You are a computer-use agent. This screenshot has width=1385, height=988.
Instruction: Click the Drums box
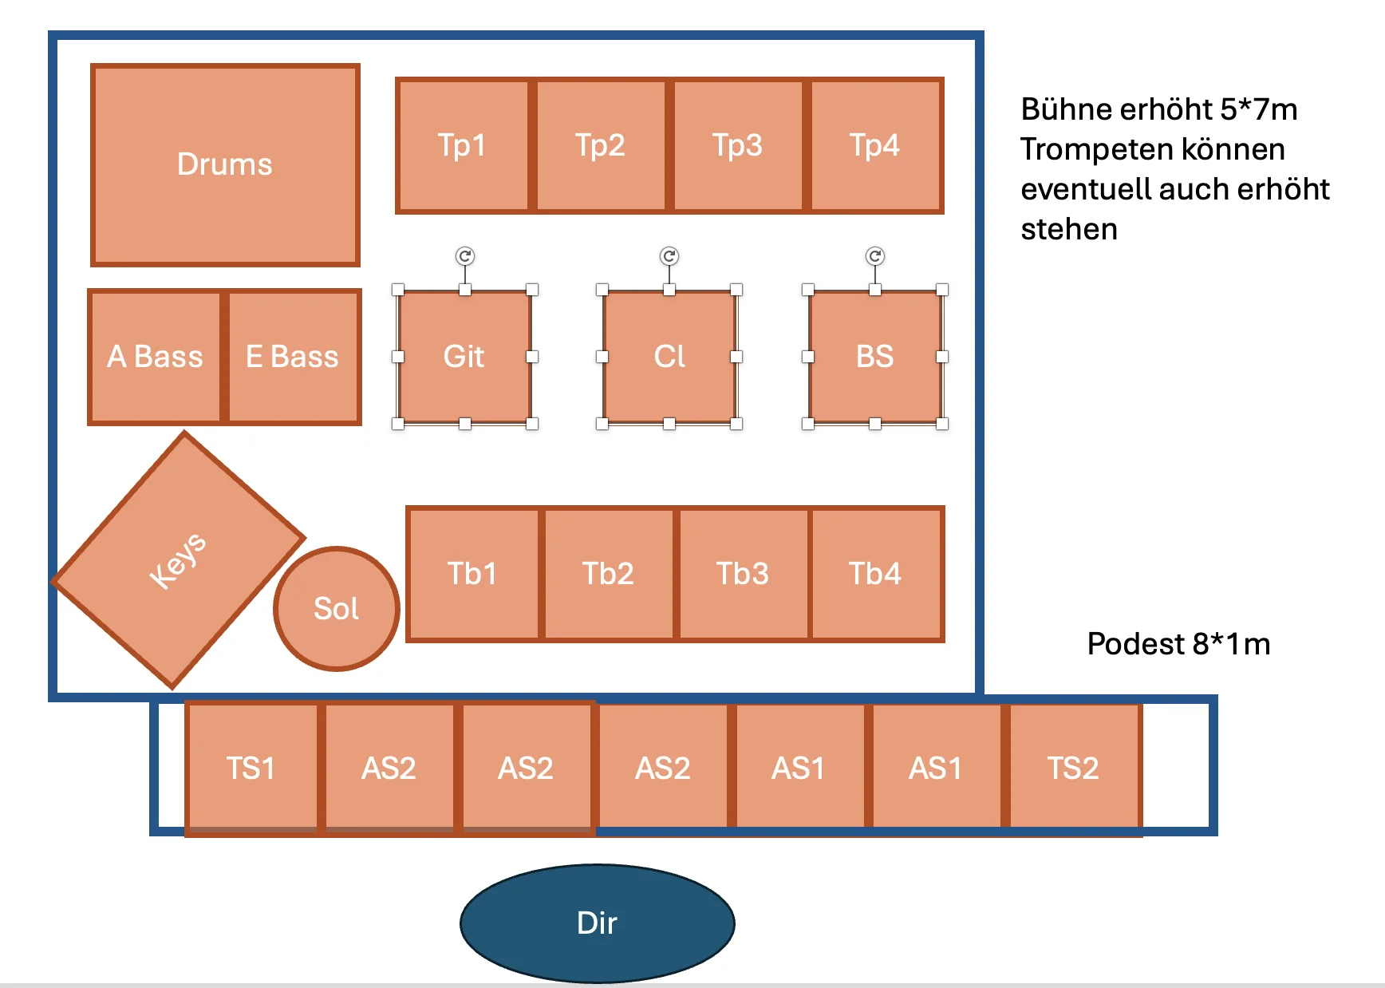[225, 164]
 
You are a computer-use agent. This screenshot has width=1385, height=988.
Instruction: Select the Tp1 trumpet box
[463, 145]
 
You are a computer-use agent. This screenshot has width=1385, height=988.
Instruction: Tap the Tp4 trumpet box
[875, 145]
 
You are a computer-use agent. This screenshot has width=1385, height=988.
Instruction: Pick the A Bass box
[156, 357]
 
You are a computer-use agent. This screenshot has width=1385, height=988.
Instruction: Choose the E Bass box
[293, 357]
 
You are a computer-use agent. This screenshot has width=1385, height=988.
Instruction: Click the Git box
[464, 357]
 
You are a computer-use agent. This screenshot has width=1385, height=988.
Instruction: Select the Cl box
[669, 357]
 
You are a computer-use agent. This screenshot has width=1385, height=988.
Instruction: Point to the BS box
[875, 357]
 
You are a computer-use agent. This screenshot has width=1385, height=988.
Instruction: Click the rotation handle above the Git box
[465, 256]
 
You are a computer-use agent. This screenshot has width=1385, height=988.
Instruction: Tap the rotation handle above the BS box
[875, 256]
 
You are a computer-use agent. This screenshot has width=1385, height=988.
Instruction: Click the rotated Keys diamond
[179, 559]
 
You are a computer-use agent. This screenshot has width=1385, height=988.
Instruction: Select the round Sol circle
[336, 608]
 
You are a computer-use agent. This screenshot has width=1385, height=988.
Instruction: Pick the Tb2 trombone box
[608, 574]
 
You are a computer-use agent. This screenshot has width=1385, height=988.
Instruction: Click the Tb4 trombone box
[876, 574]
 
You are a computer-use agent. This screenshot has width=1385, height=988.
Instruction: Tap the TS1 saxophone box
[252, 769]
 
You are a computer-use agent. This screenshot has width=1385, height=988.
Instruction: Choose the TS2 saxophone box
[1074, 769]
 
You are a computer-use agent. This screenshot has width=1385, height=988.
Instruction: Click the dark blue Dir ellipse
[598, 923]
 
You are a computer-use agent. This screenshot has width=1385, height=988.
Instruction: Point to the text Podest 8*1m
[1178, 644]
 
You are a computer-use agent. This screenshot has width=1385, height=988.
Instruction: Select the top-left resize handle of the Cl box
[602, 290]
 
